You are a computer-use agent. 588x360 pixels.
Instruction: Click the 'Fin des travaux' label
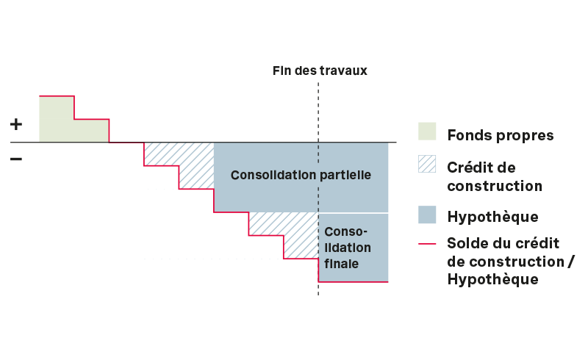click(x=319, y=71)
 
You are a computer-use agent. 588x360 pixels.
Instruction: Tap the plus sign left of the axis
click(x=16, y=124)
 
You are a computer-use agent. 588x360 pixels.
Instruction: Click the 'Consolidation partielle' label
click(x=301, y=176)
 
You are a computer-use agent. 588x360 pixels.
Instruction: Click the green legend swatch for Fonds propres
click(x=427, y=131)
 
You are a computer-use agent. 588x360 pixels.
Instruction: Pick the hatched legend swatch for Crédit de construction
click(x=427, y=165)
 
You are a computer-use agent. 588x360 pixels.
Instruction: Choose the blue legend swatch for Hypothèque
click(x=427, y=215)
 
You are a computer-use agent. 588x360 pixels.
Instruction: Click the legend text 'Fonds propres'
click(x=500, y=136)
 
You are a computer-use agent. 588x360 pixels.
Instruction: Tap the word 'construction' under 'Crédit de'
click(x=494, y=186)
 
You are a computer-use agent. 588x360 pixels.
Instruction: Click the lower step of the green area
click(x=92, y=130)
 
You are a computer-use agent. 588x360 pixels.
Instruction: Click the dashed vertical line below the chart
click(x=318, y=289)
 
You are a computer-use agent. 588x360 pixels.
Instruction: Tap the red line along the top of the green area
click(x=57, y=96)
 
